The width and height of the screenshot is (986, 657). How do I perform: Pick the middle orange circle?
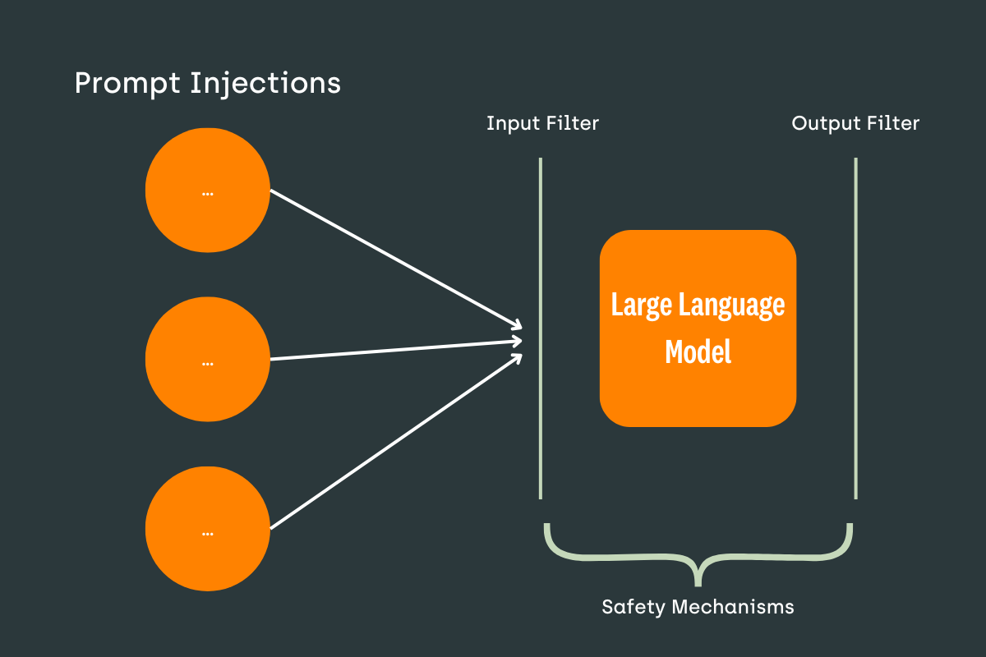pyautogui.click(x=208, y=359)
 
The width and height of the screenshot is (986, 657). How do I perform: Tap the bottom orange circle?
pyautogui.click(x=208, y=530)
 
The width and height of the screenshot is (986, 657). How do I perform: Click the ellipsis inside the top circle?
pyautogui.click(x=208, y=194)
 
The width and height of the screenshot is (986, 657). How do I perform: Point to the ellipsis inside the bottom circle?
pyautogui.click(x=208, y=533)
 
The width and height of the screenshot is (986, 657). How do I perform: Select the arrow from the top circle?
pyautogui.click(x=394, y=257)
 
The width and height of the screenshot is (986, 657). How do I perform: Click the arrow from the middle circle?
pyautogui.click(x=394, y=350)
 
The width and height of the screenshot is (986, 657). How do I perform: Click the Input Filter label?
pyautogui.click(x=542, y=124)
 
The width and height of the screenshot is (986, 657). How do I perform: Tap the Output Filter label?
pyautogui.click(x=855, y=124)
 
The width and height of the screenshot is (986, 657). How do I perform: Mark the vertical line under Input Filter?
pyautogui.click(x=541, y=328)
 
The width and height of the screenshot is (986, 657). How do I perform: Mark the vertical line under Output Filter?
pyautogui.click(x=855, y=328)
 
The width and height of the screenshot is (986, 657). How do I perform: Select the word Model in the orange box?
pyautogui.click(x=698, y=352)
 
